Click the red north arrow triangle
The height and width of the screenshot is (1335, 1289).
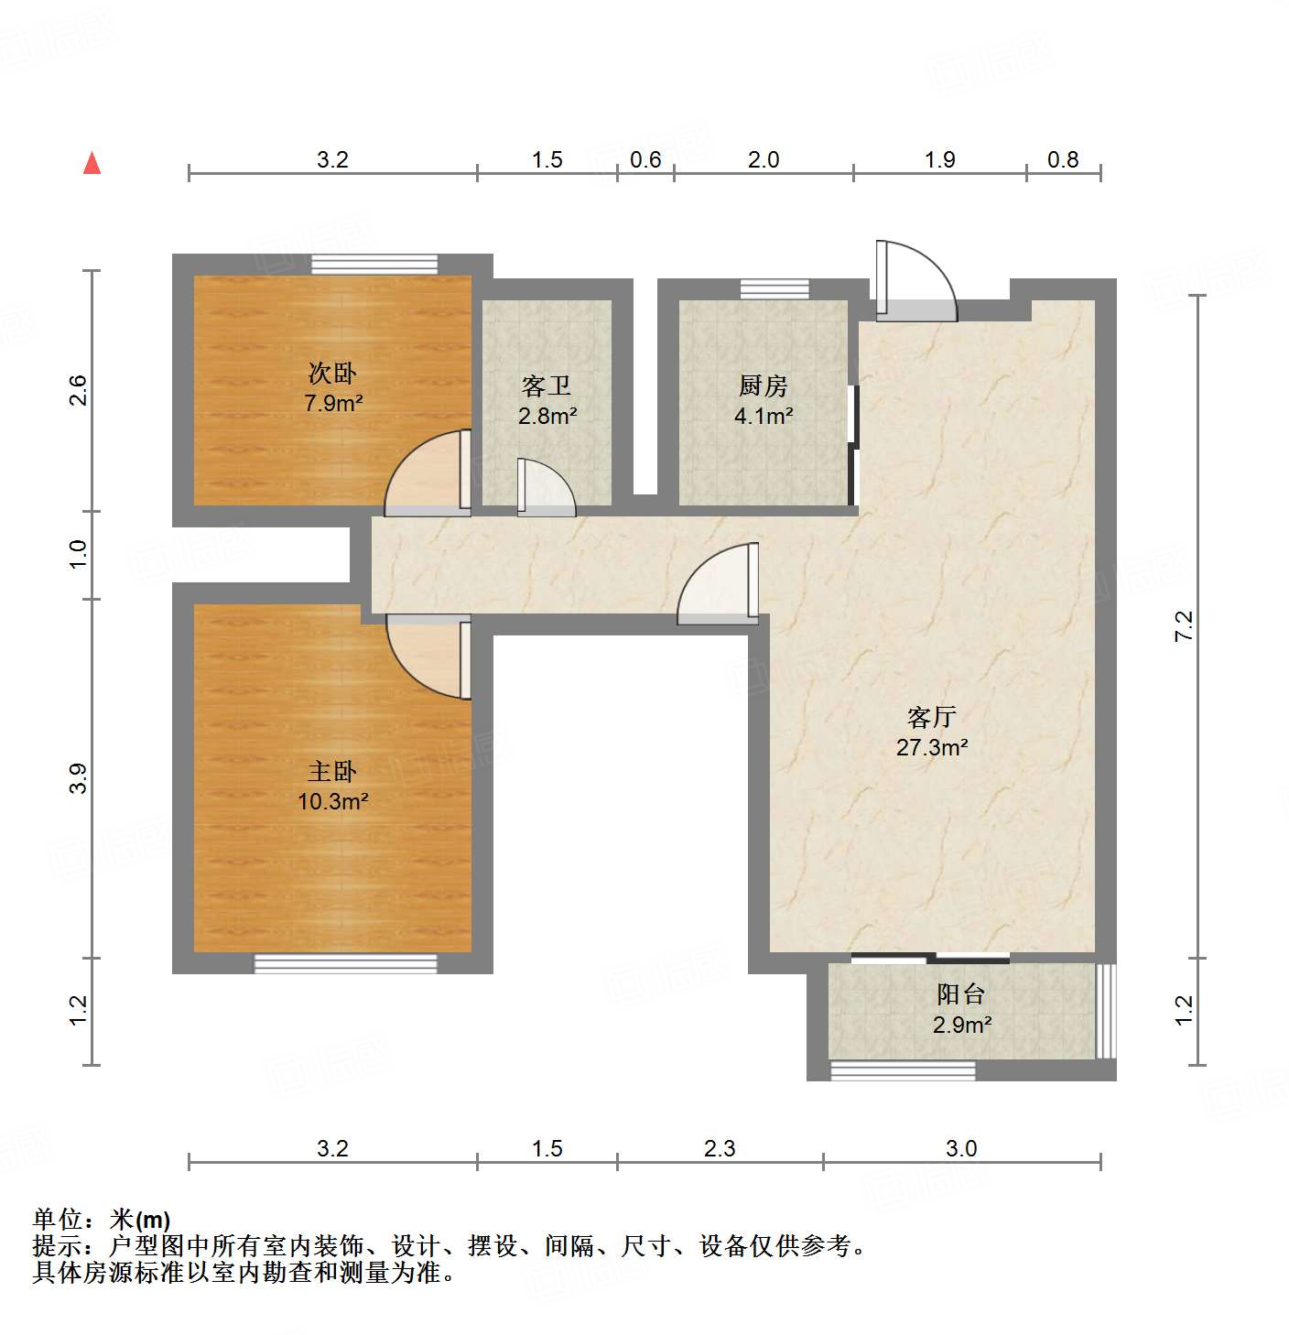92,163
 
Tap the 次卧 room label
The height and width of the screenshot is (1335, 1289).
332,373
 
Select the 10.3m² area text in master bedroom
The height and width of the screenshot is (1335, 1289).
332,801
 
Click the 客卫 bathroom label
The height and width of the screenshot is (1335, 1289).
547,385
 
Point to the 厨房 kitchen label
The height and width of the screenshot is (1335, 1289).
763,385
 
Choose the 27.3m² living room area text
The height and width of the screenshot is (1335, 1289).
932,747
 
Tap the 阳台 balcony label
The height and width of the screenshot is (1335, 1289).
960,993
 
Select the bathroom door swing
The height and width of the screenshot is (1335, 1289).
546,487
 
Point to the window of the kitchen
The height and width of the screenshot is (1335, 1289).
774,289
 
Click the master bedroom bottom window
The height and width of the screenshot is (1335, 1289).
345,963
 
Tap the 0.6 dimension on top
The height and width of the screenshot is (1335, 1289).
645,160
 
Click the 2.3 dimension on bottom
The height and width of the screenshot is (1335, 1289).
720,1148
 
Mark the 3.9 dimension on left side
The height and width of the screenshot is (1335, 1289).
78,778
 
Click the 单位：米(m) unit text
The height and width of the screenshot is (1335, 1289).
102,1220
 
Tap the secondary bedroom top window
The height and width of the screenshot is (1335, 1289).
374,264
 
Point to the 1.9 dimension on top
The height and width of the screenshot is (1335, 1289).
939,160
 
